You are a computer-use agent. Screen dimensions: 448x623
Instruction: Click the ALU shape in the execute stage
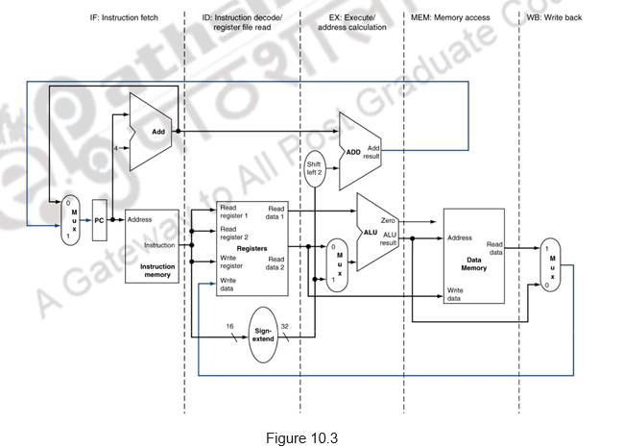[x=374, y=232]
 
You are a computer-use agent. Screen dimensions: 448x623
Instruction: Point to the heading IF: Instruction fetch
[x=124, y=18]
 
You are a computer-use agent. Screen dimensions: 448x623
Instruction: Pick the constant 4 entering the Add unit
[x=115, y=148]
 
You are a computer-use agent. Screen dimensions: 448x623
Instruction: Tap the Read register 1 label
[x=234, y=212]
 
